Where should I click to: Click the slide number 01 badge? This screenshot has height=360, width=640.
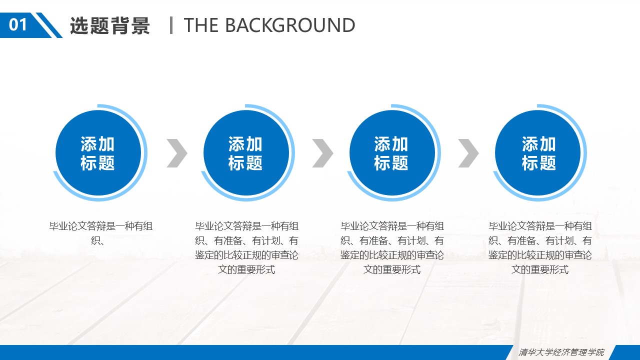point(18,24)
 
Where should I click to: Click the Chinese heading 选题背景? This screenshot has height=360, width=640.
point(110,25)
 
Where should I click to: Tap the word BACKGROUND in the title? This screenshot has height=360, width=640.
point(290,25)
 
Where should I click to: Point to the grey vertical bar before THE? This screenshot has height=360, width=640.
point(171,25)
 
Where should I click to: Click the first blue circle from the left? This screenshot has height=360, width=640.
point(98,152)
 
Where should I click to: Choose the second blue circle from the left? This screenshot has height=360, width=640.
point(246,152)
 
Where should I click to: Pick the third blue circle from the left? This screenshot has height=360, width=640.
point(391,152)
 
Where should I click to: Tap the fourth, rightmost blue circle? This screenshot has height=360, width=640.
point(538,152)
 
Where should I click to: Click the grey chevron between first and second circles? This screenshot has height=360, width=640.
point(177,153)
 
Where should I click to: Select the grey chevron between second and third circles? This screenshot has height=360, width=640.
point(322,153)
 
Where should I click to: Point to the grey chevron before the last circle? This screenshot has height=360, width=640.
point(468,153)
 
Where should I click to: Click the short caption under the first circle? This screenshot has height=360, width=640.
point(100,233)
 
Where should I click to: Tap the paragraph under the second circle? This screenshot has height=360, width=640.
point(246,247)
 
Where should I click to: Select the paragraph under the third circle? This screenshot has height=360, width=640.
point(392,247)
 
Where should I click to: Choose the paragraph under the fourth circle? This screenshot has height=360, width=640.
point(540,247)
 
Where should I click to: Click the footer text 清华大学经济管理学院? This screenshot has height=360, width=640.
point(561,352)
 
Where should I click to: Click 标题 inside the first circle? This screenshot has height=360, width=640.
point(98,162)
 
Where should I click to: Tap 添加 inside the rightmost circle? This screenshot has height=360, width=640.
point(538,144)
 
